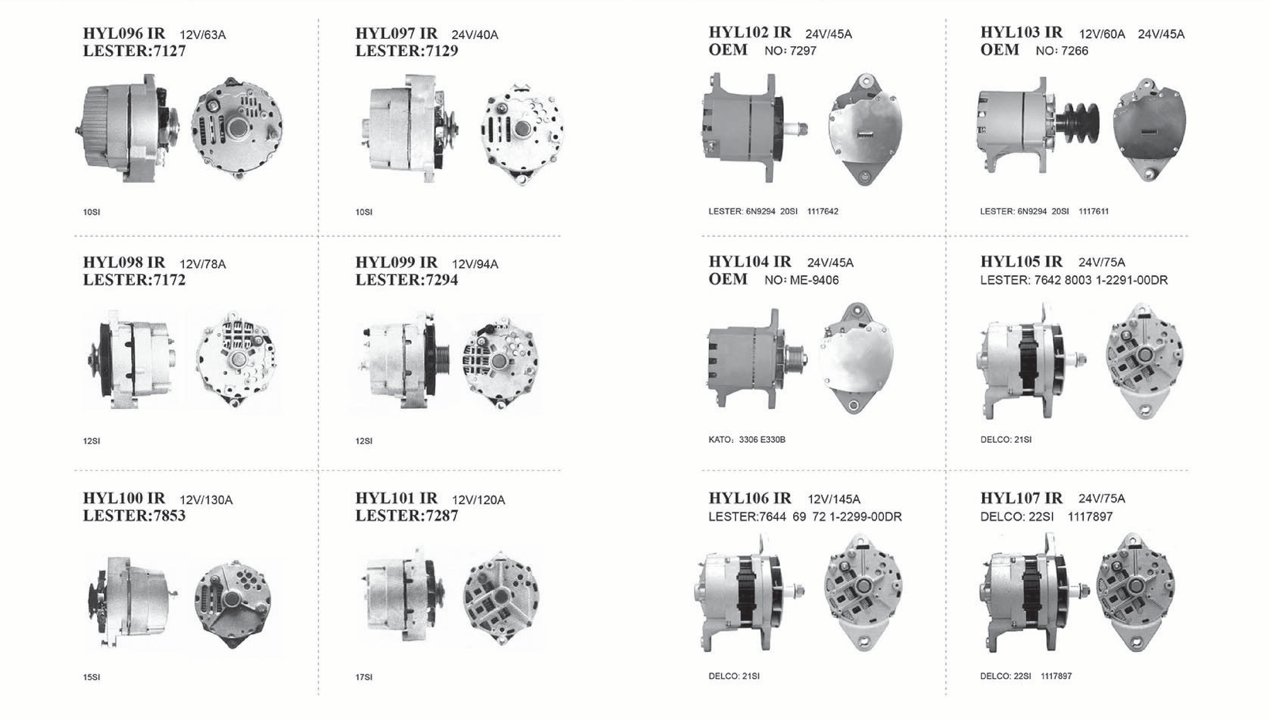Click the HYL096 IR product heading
click(x=124, y=33)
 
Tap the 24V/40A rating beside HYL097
click(x=474, y=35)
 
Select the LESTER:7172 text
click(x=134, y=280)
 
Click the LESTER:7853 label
click(x=134, y=515)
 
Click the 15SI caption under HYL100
click(x=91, y=677)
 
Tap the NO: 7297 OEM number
click(x=790, y=51)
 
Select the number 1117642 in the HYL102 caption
click(x=823, y=212)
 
